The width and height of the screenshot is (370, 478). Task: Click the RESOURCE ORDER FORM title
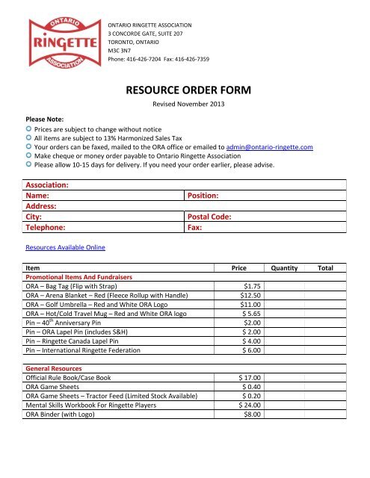pyautogui.click(x=184, y=91)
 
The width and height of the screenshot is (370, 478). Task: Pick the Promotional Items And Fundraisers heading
pyautogui.click(x=79, y=276)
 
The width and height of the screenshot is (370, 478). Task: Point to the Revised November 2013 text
pyautogui.click(x=184, y=107)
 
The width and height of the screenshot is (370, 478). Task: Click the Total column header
pyautogui.click(x=326, y=267)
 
